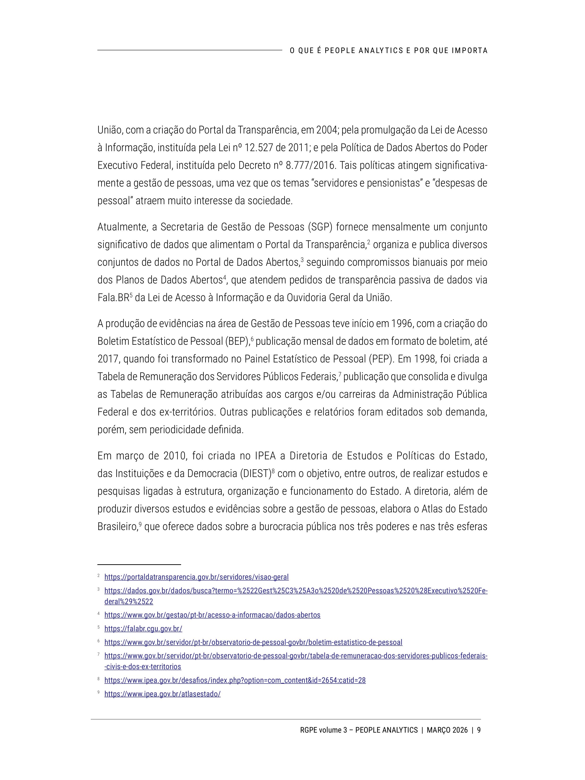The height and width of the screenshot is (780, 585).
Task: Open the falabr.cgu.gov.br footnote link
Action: click(x=143, y=628)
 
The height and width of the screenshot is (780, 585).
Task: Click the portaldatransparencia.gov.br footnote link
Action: click(x=196, y=577)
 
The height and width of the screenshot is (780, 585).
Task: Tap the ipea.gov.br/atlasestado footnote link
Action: click(x=162, y=694)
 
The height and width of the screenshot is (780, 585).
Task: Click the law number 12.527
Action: click(x=259, y=148)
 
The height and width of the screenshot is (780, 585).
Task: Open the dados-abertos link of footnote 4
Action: click(x=212, y=615)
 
